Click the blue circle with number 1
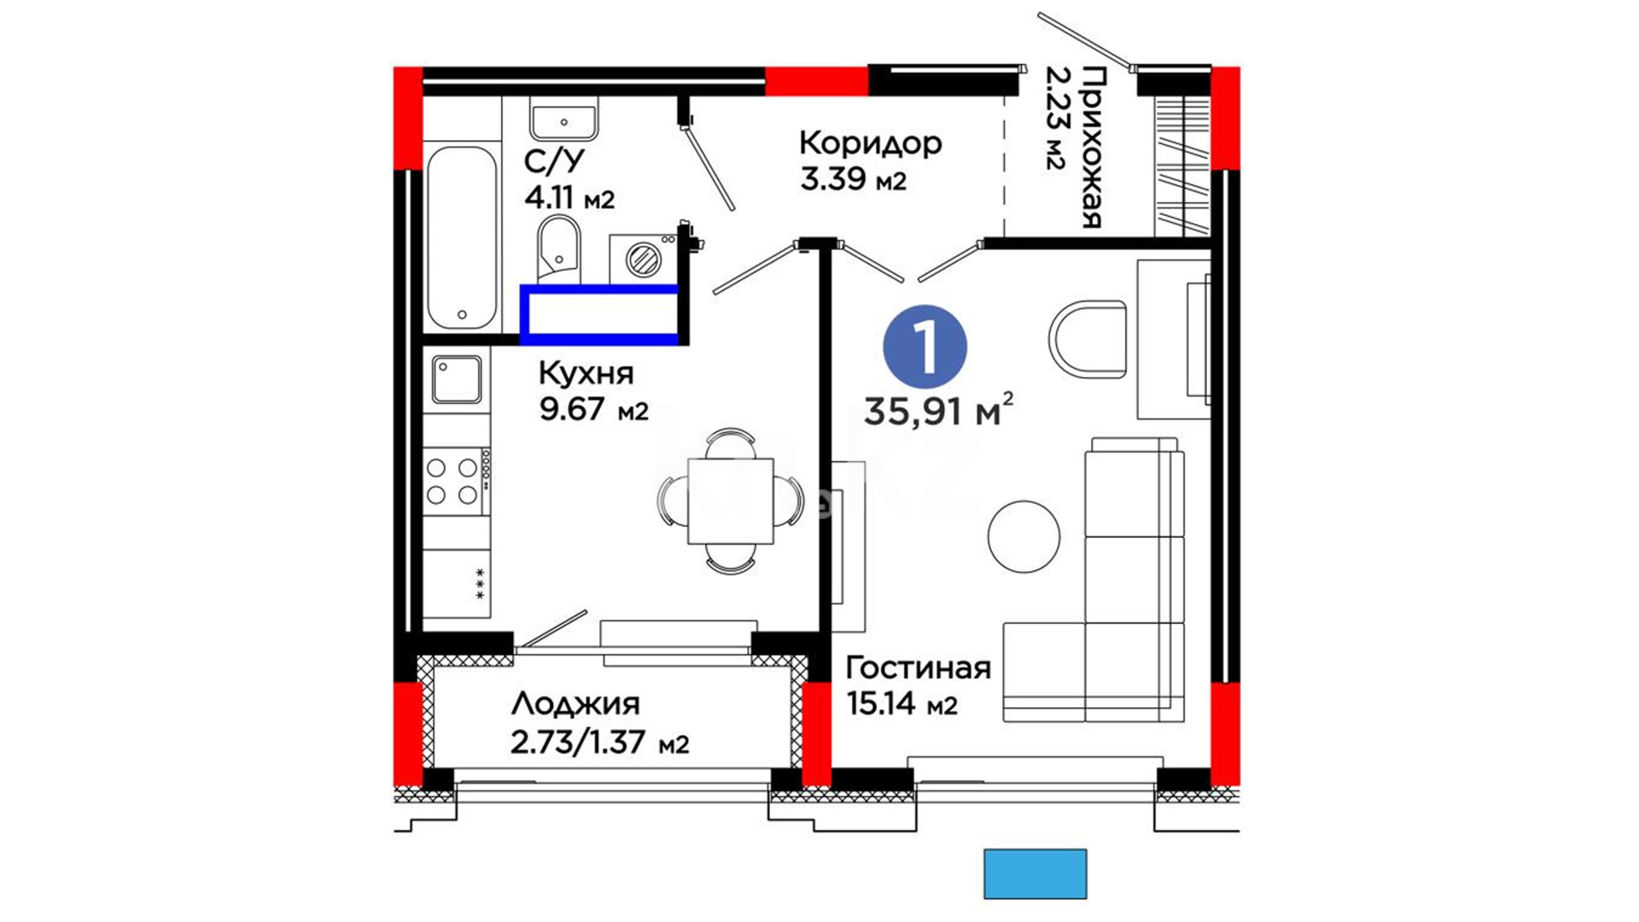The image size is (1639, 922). pyautogui.click(x=925, y=347)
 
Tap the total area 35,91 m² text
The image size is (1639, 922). pyautogui.click(x=939, y=411)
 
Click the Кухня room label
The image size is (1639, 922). pyautogui.click(x=586, y=373)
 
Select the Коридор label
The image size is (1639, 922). pyautogui.click(x=871, y=143)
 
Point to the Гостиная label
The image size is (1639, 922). pyautogui.click(x=919, y=668)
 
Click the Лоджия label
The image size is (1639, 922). pyautogui.click(x=575, y=704)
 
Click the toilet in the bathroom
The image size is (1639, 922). pyautogui.click(x=559, y=248)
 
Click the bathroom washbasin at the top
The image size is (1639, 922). pyautogui.click(x=563, y=119)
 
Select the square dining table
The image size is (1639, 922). pyautogui.click(x=731, y=501)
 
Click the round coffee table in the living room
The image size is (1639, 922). pyautogui.click(x=1024, y=536)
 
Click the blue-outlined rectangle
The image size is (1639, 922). pyautogui.click(x=600, y=314)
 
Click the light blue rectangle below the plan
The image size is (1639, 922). pyautogui.click(x=1035, y=873)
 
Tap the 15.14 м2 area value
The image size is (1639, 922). pyautogui.click(x=901, y=704)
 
